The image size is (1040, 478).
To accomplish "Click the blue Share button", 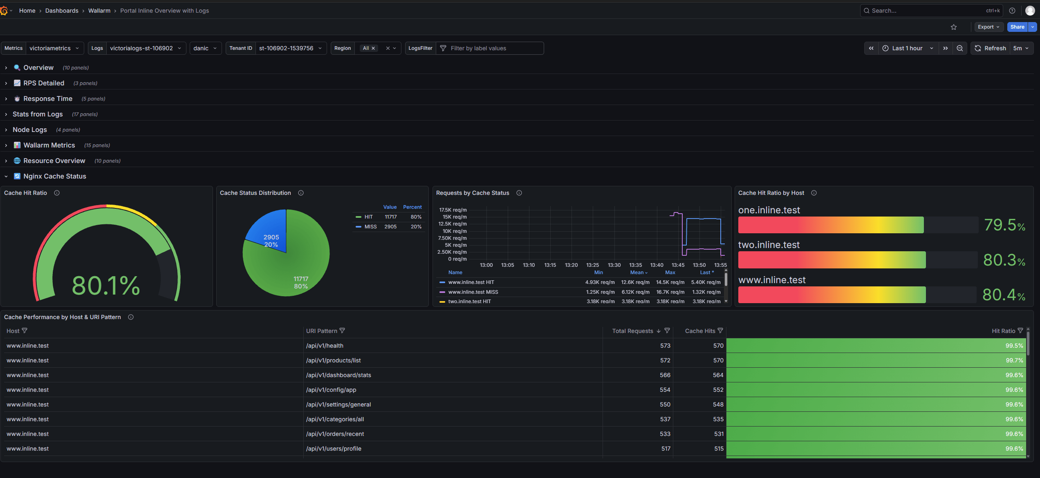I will pos(1017,27).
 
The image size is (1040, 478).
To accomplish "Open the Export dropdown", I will pos(988,27).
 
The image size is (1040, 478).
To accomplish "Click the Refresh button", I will pos(990,48).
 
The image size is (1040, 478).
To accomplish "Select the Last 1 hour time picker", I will pos(907,48).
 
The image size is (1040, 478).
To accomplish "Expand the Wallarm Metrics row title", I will pos(49,145).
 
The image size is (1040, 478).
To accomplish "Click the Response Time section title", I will pos(48,98).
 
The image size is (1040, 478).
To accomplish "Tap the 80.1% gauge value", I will pos(106,285).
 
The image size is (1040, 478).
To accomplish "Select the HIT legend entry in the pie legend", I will pos(368,217).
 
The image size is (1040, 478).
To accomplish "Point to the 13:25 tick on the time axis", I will pos(592,265).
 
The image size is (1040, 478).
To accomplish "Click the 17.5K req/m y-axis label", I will pos(453,210).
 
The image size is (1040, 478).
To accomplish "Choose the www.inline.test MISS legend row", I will pos(473,292).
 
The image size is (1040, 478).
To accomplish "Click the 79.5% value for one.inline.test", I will pos(1004,225).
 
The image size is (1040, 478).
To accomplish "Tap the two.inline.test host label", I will pos(769,245).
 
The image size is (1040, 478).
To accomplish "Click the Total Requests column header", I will pos(632,331).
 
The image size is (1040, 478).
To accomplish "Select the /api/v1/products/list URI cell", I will pos(333,360).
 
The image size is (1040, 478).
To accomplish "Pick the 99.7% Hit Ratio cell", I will pos(1014,360).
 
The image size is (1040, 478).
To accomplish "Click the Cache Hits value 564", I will pos(718,375).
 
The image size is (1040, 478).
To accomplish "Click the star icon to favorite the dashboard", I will pos(954,27).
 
